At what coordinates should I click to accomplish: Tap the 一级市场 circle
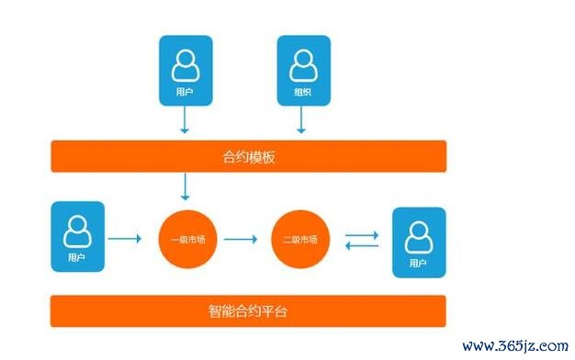(186, 240)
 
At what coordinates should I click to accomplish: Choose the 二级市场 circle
(299, 240)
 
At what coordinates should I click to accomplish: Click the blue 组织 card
(302, 72)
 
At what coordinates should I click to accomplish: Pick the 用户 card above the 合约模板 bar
(185, 72)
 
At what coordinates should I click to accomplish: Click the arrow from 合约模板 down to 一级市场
(186, 187)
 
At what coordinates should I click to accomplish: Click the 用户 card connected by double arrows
(418, 242)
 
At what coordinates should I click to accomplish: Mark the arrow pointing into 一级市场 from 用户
(125, 240)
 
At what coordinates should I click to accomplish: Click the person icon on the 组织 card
(302, 64)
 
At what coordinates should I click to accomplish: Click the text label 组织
(302, 93)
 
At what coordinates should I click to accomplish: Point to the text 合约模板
(248, 156)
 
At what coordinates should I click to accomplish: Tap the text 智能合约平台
(248, 311)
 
